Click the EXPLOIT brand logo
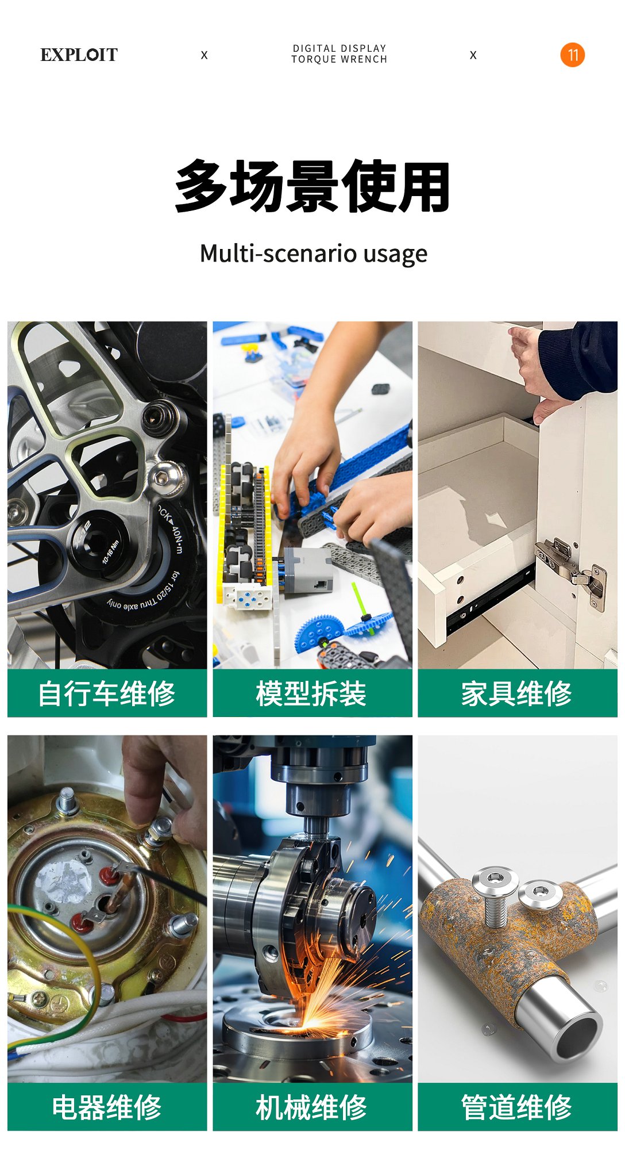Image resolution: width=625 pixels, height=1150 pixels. tap(79, 55)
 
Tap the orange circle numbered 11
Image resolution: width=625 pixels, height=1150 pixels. tap(572, 55)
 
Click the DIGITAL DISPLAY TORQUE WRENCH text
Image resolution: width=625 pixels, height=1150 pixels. tap(339, 54)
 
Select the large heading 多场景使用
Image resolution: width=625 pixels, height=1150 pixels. tap(312, 186)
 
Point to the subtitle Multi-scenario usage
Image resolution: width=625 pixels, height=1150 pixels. tap(313, 254)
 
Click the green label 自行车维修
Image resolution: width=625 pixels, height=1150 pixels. tap(107, 693)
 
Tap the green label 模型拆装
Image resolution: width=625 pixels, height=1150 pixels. tap(312, 693)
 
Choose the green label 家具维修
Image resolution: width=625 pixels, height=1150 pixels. tap(517, 693)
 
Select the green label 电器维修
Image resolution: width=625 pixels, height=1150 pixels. tap(107, 1107)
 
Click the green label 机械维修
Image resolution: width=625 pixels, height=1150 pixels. tap(312, 1107)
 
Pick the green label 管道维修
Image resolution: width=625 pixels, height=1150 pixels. tap(517, 1107)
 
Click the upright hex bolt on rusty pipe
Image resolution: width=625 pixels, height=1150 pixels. tap(495, 899)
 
